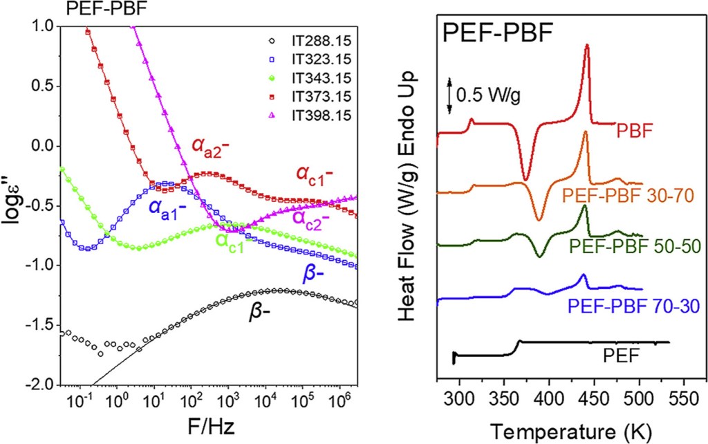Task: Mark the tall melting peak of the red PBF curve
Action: tap(587, 47)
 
